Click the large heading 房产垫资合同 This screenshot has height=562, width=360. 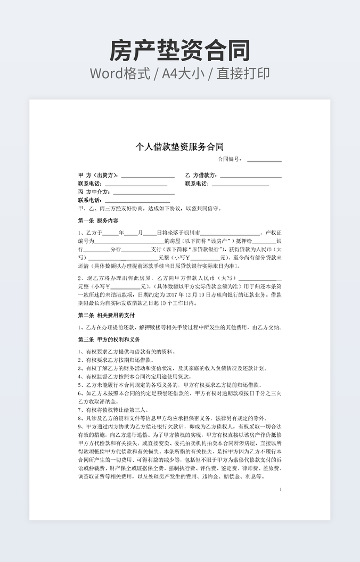179,51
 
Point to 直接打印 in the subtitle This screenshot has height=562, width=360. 243,74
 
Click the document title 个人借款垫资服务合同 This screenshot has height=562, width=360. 179,146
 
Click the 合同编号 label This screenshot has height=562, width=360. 229,159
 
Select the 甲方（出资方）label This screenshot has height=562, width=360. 99,175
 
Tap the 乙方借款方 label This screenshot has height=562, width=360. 201,175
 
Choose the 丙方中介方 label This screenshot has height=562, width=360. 94,192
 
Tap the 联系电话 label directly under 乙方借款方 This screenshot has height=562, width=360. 197,184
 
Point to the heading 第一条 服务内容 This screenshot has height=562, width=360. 98,220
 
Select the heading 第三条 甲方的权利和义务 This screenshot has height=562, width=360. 109,339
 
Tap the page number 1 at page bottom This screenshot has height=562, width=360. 280,489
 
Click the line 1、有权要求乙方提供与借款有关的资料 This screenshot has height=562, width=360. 126,352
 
